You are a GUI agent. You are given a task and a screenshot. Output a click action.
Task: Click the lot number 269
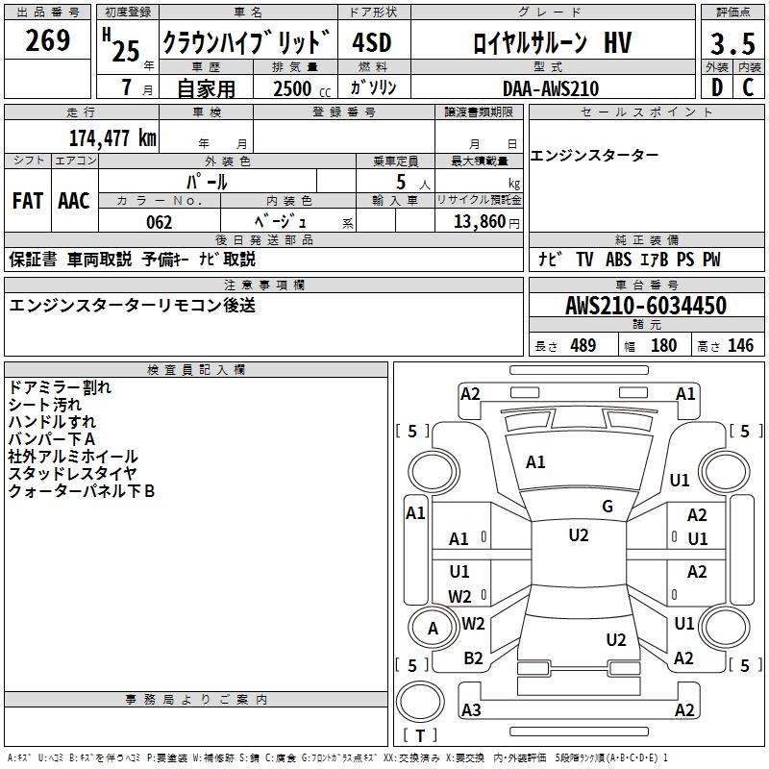[x=48, y=41]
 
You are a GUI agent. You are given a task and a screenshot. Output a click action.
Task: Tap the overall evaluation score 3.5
[x=732, y=44]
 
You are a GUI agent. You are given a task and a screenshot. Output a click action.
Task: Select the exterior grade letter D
[x=716, y=87]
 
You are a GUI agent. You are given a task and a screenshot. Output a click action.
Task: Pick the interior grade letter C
[x=748, y=87]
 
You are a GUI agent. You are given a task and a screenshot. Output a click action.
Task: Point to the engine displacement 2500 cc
[x=298, y=88]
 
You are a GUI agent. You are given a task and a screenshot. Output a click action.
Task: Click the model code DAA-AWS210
[x=551, y=88]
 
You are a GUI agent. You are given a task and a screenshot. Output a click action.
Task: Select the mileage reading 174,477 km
[x=112, y=137]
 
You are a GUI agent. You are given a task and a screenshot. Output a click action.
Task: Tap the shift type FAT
[x=28, y=201]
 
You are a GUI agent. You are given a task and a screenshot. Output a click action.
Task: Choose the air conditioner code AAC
[x=74, y=201]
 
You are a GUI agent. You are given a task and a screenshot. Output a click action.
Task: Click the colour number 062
[x=160, y=222]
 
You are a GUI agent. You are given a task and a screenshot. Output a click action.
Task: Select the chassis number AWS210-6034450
[x=646, y=306]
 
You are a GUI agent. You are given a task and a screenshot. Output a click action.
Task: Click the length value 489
[x=583, y=345]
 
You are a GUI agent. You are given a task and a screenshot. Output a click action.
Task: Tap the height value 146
[x=740, y=345]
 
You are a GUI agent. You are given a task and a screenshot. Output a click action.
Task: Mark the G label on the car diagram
[x=608, y=507]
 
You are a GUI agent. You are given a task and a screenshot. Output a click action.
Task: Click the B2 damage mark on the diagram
[x=473, y=658]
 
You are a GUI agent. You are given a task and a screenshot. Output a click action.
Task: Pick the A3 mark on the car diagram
[x=471, y=710]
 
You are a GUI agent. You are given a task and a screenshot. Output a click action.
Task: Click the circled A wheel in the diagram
[x=433, y=629]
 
